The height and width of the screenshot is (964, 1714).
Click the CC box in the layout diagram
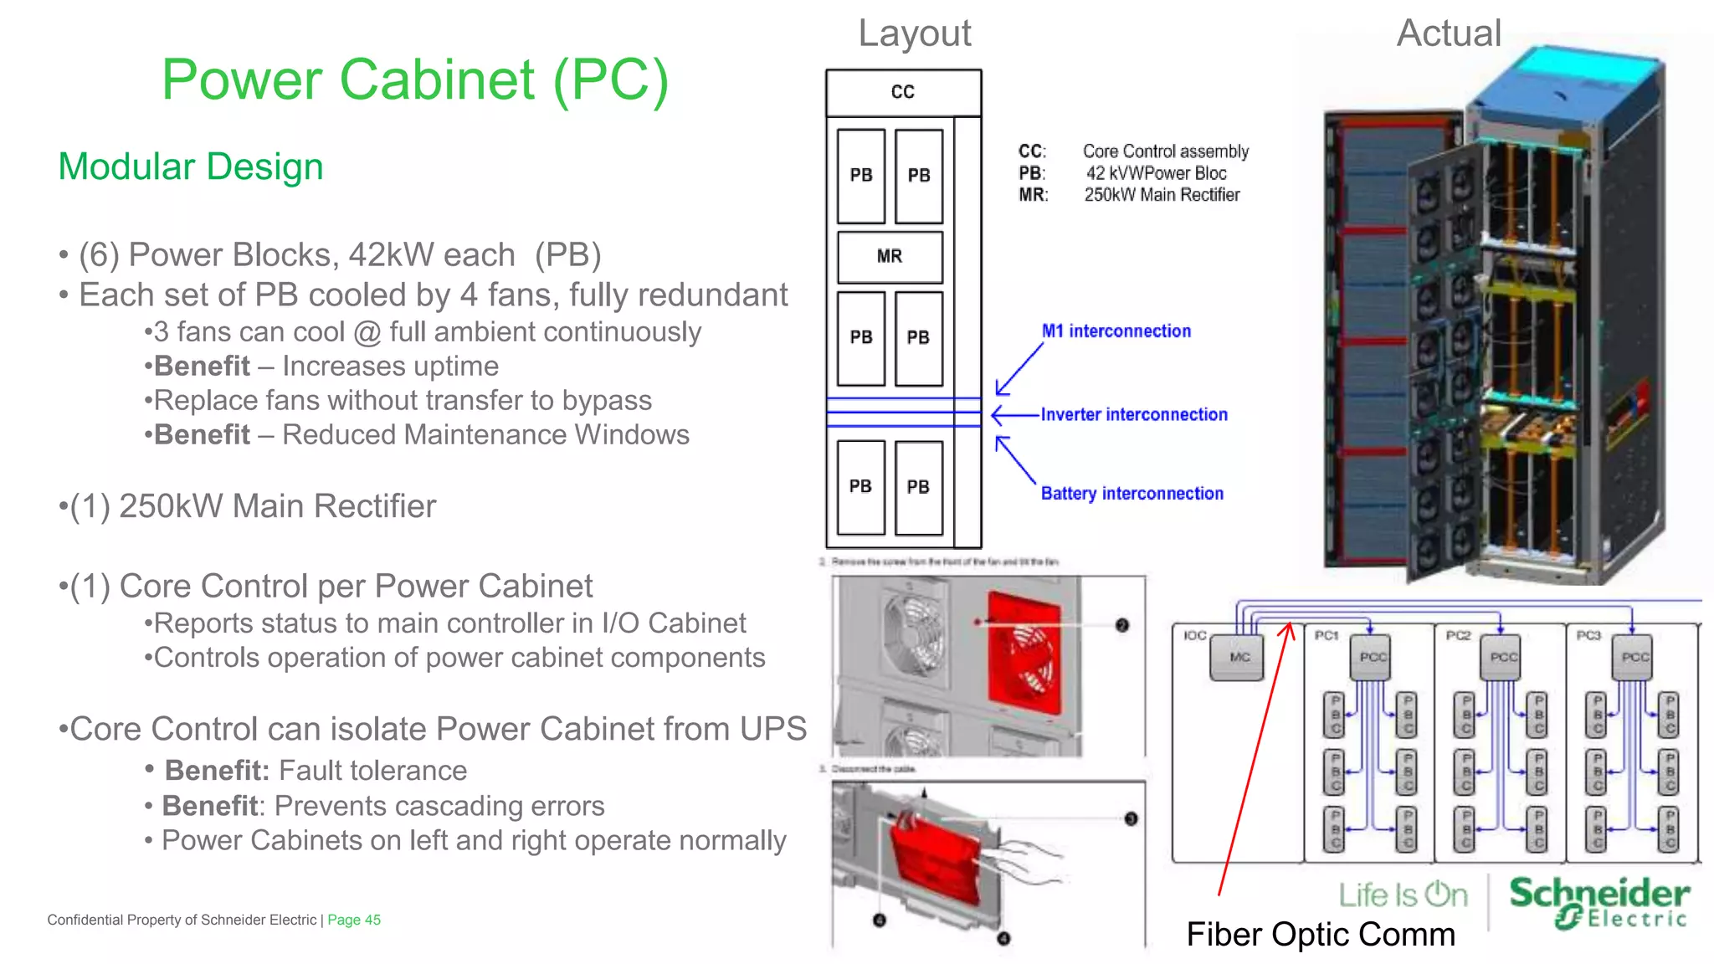point(902,92)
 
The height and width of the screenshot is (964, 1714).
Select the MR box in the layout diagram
point(890,257)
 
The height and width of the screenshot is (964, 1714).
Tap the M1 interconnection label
point(1116,331)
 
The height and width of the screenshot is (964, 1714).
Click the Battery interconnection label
point(1132,494)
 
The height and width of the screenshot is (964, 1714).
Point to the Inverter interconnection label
point(1133,415)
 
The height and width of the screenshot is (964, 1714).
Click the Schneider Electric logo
point(1599,902)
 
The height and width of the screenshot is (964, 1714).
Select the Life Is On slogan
point(1403,895)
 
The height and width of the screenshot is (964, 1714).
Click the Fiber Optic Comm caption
point(1320,935)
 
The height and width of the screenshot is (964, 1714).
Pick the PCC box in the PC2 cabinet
point(1503,658)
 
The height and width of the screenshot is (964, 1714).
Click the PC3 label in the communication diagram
point(1588,636)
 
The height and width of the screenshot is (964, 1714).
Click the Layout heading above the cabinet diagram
point(914,33)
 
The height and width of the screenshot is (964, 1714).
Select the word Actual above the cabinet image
point(1449,33)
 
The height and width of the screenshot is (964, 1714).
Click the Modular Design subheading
point(191,167)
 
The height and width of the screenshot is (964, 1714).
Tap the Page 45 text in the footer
point(354,920)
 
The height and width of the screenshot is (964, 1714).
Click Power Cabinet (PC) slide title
point(415,80)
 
